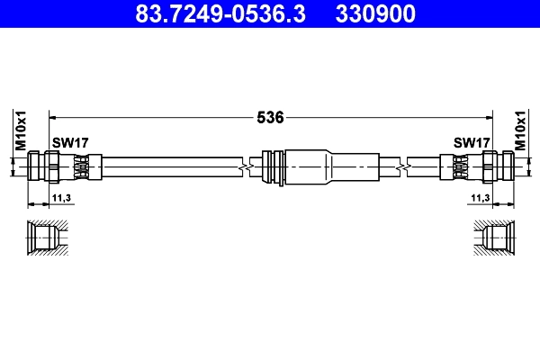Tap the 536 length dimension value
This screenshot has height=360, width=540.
tap(271, 117)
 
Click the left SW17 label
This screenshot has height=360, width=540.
tap(68, 142)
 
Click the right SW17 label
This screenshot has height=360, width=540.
tap(471, 142)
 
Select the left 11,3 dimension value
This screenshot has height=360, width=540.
tap(62, 197)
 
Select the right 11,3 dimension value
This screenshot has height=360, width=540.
tap(478, 197)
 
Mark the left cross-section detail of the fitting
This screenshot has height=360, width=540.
tap(45, 239)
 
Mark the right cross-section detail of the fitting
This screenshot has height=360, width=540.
tap(495, 239)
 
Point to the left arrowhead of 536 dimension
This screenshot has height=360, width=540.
tap(52, 117)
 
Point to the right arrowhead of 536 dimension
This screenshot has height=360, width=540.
tap(488, 117)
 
